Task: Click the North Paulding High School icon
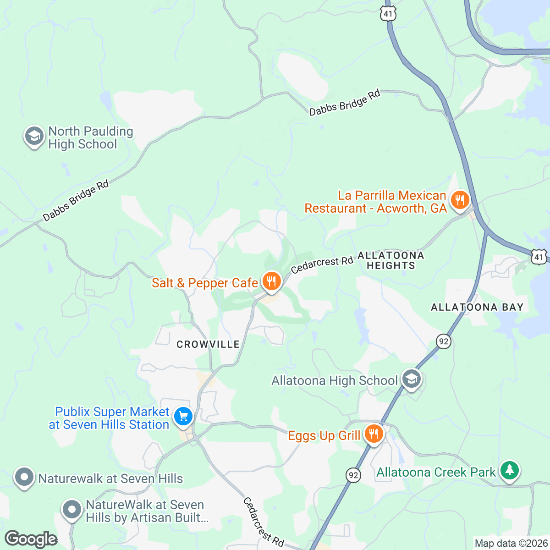tap(34, 136)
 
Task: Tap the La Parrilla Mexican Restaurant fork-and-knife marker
tap(459, 201)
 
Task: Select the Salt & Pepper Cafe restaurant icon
tap(272, 280)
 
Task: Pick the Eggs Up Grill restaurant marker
tap(374, 433)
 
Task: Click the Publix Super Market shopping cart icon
tap(183, 417)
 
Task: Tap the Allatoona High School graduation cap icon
tap(412, 379)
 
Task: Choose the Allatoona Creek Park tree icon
tap(509, 470)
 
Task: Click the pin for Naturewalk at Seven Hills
tap(24, 477)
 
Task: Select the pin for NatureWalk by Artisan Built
tap(71, 510)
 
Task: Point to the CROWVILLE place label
tap(208, 344)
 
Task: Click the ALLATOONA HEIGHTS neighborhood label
tap(390, 260)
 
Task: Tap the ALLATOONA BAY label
tap(477, 307)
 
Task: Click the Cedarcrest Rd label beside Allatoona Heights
tap(322, 264)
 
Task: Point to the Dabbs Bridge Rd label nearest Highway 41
tap(345, 103)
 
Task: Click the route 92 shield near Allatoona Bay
tap(443, 341)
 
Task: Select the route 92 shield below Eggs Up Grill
tap(353, 475)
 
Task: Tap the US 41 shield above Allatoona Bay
tap(539, 257)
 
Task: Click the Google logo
tap(31, 539)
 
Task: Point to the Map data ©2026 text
tap(511, 544)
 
